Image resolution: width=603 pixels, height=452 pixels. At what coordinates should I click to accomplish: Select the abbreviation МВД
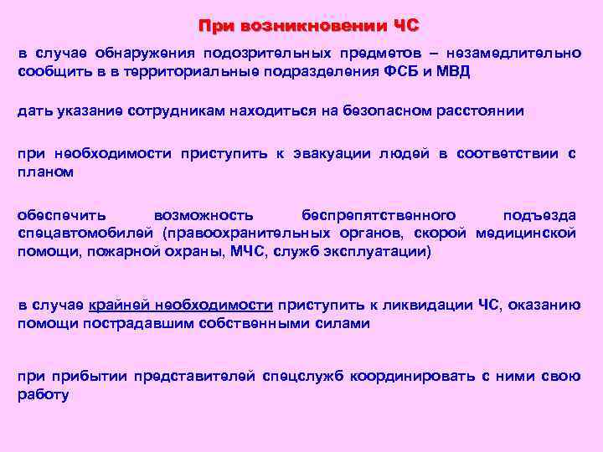tap(452, 71)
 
